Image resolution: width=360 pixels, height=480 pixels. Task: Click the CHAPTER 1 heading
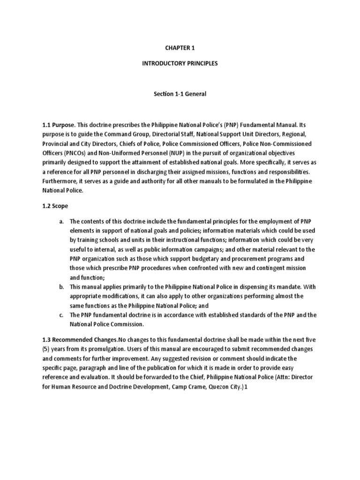pos(180,47)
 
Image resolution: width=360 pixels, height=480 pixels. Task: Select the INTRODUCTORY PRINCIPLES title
pos(180,63)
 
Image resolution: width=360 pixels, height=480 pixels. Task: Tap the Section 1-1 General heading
pos(180,94)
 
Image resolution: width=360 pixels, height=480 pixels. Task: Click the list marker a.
pos(61,222)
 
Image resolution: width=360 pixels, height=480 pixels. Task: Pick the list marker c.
pos(61,315)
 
